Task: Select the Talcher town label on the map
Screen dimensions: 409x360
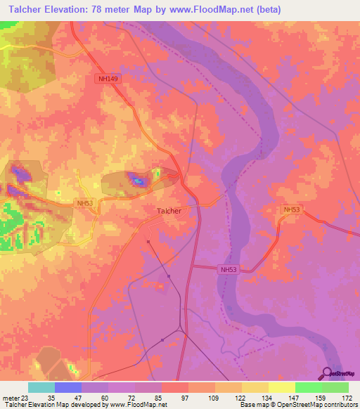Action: click(168, 210)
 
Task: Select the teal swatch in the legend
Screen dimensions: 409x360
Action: click(41, 387)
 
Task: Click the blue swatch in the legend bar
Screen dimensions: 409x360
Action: click(68, 387)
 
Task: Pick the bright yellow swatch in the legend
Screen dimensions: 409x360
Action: click(282, 387)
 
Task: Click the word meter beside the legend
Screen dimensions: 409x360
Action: click(9, 397)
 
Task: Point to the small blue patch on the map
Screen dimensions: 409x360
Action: click(139, 183)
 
